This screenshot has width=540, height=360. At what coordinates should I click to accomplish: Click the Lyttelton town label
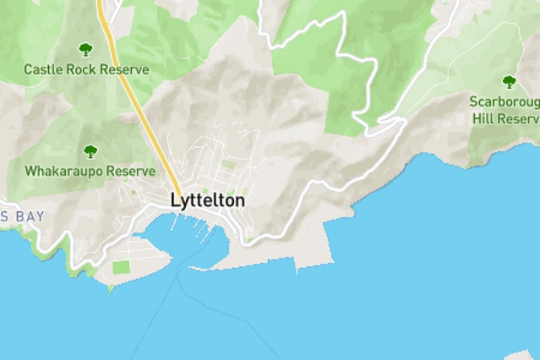pos(208,201)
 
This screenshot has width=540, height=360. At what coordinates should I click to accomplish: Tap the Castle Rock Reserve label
pos(86,69)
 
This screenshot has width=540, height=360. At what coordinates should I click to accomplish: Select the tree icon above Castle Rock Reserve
pos(85,50)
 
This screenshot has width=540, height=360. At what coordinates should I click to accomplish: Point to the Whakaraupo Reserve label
pos(90,171)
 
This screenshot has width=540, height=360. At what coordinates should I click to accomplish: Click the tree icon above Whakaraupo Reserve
pos(90,152)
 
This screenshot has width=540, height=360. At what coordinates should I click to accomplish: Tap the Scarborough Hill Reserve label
pos(504,110)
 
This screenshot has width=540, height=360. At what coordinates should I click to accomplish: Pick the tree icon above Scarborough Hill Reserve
pos(509,82)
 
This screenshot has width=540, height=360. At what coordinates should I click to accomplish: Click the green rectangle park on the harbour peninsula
pos(122,267)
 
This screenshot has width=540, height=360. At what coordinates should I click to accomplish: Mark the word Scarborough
pos(504,101)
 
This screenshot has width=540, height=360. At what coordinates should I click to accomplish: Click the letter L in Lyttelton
pos(175,201)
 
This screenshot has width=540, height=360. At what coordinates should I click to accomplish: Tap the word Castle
pos(42,69)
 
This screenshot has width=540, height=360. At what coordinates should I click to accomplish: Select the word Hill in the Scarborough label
pos(483,119)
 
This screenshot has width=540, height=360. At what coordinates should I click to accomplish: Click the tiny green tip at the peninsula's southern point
pos(111,289)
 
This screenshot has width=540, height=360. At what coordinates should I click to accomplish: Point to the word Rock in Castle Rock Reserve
pos(80,69)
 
